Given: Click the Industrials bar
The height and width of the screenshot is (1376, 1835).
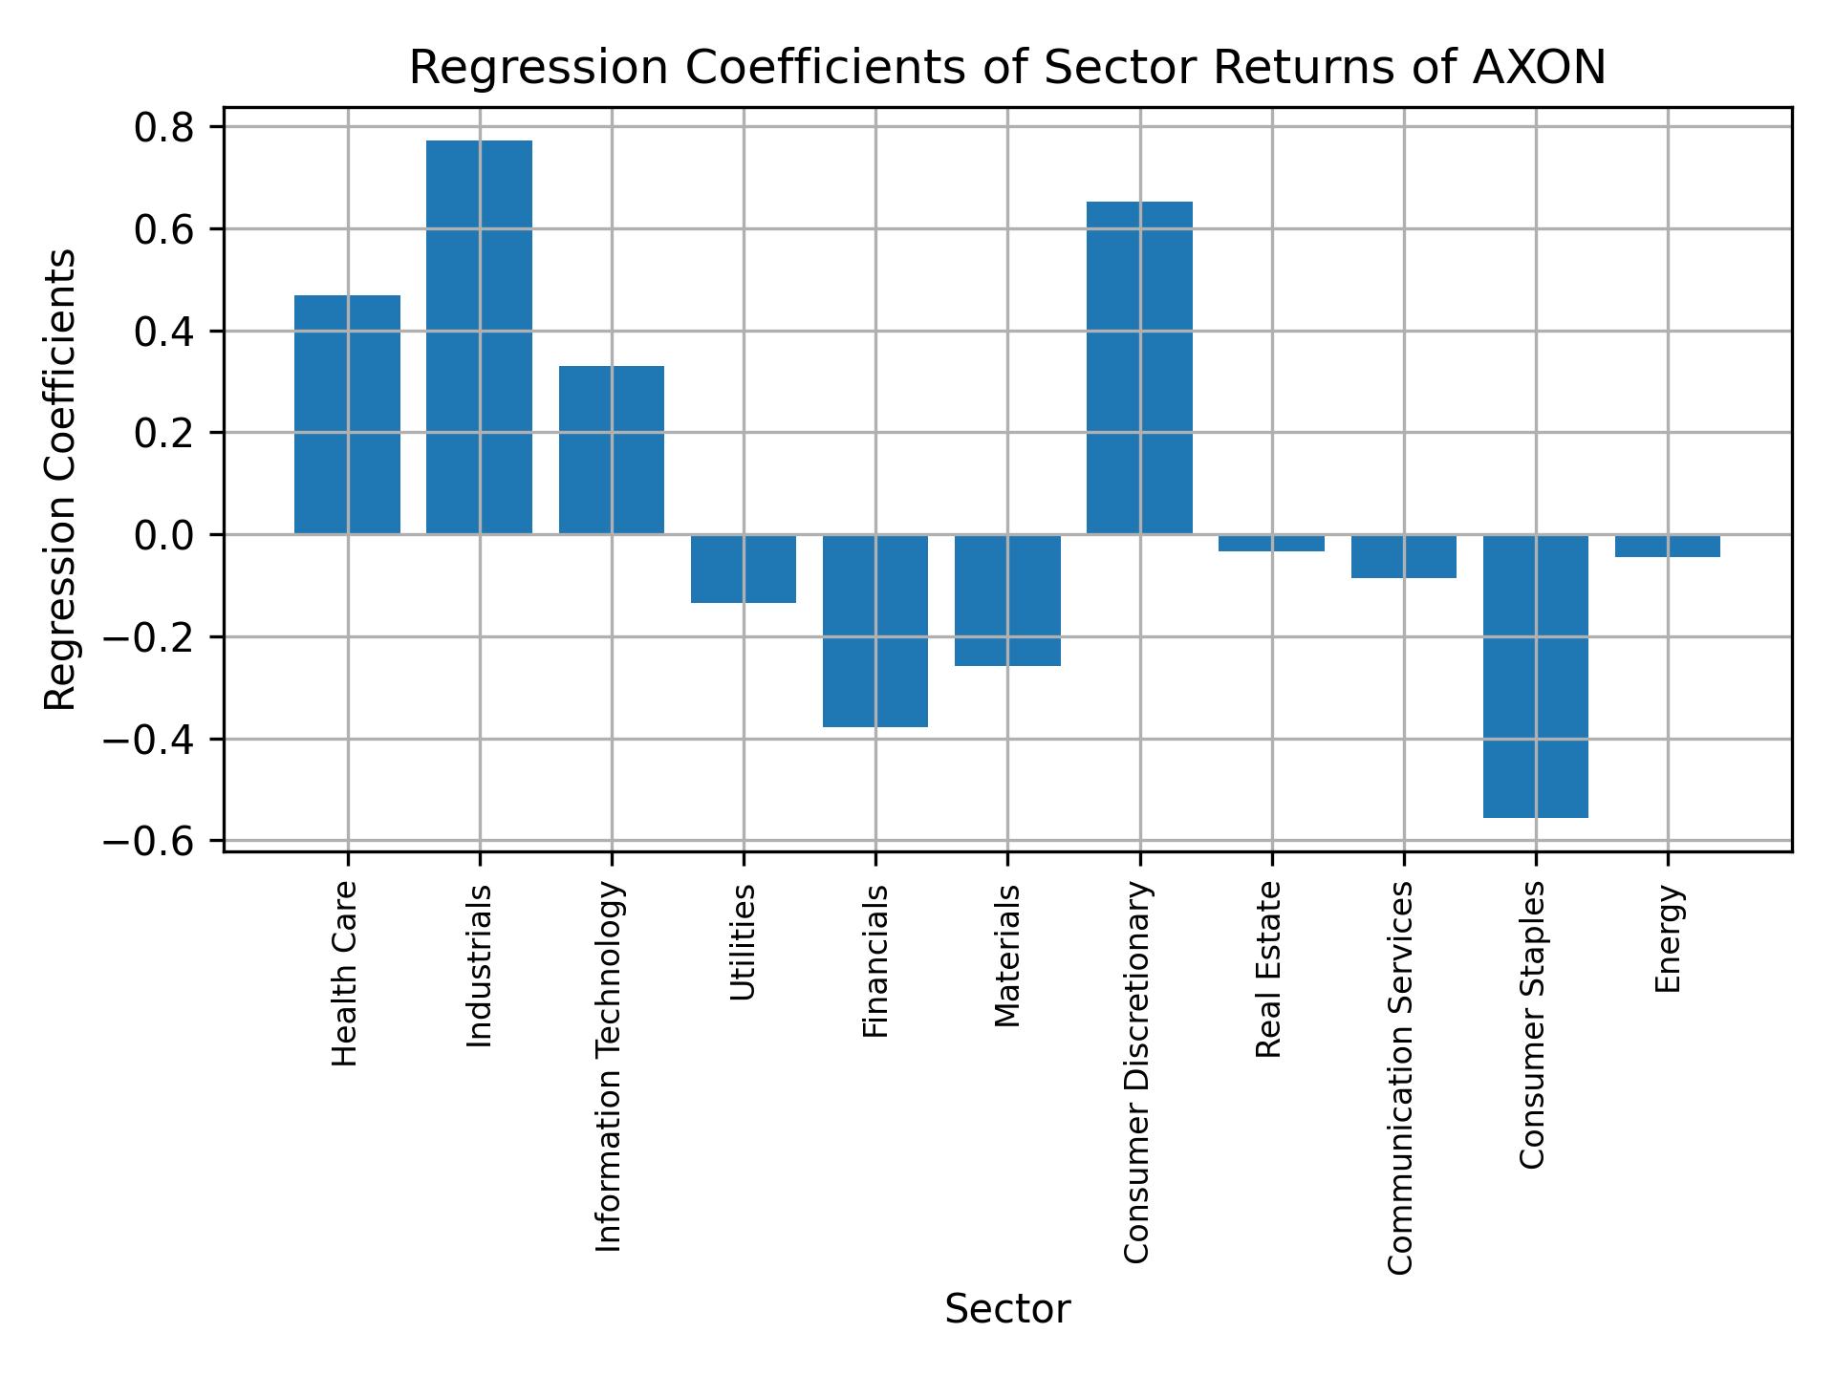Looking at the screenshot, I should point(479,336).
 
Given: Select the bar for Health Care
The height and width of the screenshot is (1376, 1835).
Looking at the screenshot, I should point(347,414).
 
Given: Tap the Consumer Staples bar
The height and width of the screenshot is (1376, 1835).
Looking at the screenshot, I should point(1535,676).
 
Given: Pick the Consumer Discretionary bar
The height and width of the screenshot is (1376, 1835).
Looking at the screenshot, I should point(1139,368).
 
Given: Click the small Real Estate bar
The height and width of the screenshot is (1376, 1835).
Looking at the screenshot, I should point(1271,543).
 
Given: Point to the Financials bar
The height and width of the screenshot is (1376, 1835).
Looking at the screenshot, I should point(874,631).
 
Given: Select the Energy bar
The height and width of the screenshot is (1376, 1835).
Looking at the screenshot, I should point(1667,546).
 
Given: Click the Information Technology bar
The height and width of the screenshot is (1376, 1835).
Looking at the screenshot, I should point(611,449).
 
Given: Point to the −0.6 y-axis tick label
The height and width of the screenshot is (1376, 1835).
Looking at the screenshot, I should point(149,842).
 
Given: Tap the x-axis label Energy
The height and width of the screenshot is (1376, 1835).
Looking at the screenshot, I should point(1667,938).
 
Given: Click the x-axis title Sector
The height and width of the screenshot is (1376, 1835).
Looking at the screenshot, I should point(1006,1309).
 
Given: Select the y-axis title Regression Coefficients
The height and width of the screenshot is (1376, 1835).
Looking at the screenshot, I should point(61,480).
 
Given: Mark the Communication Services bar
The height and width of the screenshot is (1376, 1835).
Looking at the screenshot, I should point(1403,556).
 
